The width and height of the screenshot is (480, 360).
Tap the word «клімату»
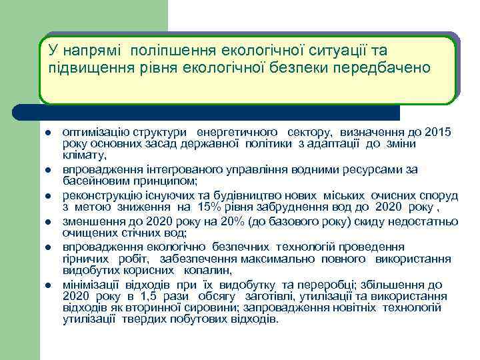[x=83, y=155]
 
